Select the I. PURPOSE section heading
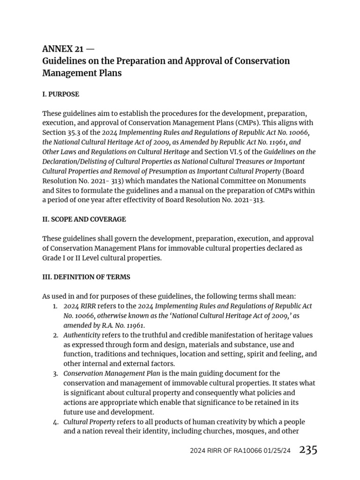[60, 94]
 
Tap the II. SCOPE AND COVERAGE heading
[84, 219]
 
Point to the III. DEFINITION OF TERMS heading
[86, 277]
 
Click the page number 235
[308, 450]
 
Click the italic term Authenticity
[82, 335]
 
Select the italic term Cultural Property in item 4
[90, 422]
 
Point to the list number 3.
[55, 374]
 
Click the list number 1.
[55, 306]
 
